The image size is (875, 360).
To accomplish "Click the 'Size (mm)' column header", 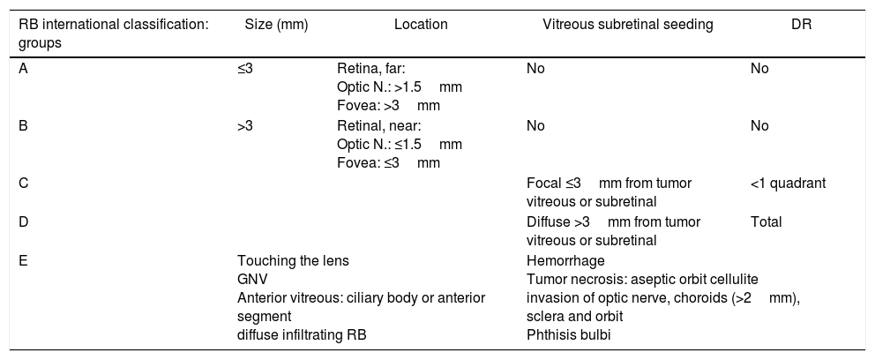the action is click(275, 26).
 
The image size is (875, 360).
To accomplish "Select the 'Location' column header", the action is click(421, 26).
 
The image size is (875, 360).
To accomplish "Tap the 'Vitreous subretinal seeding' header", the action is click(627, 26).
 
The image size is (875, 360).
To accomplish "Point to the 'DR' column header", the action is click(802, 26).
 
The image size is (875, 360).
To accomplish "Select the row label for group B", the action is click(23, 126).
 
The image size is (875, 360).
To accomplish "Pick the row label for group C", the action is click(23, 184).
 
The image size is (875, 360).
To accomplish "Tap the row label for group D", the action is click(23, 222).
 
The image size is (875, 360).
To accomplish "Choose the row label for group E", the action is click(23, 260).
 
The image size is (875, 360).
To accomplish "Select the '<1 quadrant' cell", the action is click(788, 184).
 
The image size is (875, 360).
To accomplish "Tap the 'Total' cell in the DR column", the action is click(766, 222).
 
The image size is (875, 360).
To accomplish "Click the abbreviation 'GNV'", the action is click(252, 279).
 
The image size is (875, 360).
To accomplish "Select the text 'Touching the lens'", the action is click(293, 260).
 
